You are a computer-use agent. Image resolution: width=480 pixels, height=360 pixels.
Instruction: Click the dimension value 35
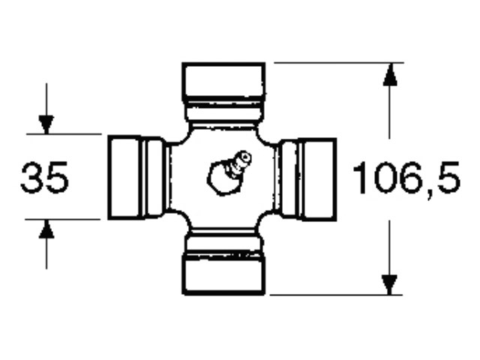44,178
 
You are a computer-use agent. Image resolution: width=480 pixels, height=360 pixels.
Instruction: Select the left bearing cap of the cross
127,178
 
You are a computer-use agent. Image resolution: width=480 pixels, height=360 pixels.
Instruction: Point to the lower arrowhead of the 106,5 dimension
388,283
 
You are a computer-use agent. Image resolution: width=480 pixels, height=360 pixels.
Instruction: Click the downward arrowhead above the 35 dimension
46,124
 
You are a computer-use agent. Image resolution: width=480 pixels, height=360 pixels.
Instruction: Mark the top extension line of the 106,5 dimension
337,63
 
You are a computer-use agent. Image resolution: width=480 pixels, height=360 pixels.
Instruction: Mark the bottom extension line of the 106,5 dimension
337,295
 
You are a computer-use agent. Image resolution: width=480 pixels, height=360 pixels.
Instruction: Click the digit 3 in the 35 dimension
32,178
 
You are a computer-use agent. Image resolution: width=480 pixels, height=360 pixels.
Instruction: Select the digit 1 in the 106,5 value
360,178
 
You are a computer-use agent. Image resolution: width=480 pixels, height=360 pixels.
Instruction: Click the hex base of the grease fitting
220,178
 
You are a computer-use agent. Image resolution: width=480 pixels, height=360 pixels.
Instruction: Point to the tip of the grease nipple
244,157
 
